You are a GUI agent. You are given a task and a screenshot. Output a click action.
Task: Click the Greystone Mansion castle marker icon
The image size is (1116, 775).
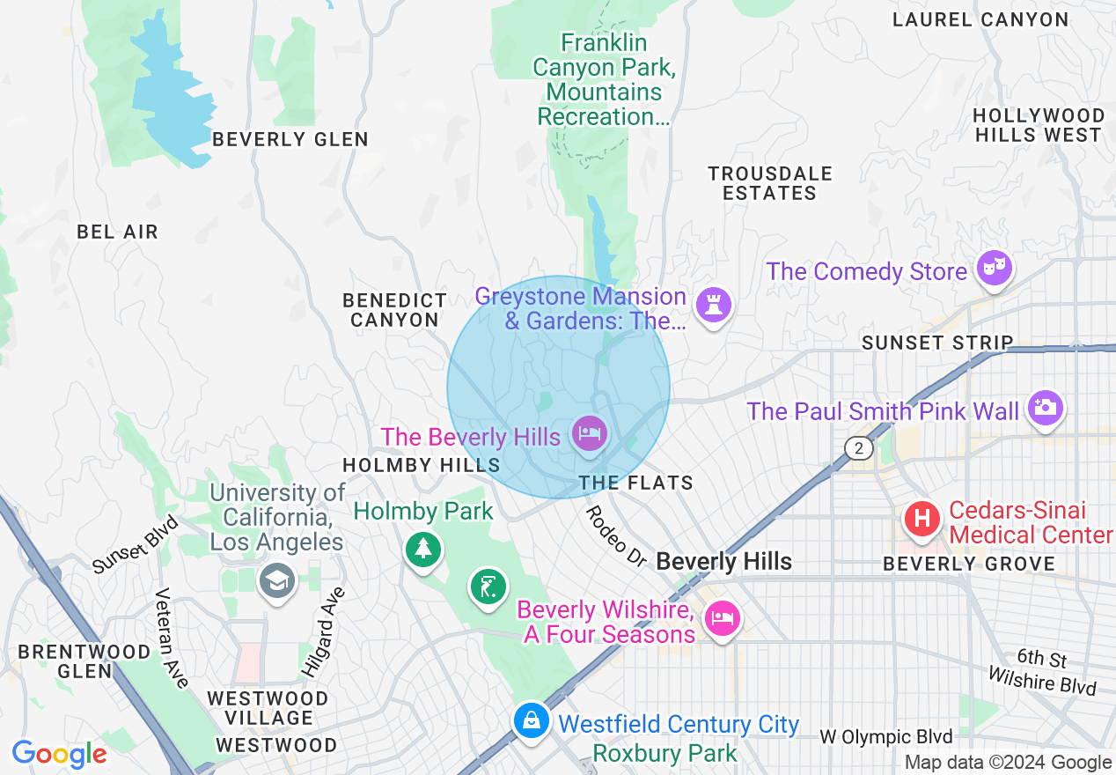point(713,306)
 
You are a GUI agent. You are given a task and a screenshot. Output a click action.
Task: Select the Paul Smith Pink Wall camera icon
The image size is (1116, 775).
point(1045,407)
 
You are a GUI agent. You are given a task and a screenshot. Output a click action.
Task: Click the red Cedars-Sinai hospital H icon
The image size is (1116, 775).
point(922,517)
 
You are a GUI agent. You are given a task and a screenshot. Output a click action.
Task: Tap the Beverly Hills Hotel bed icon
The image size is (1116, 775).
point(589,433)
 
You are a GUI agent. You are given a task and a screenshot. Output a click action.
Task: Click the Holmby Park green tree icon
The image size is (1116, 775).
point(423,549)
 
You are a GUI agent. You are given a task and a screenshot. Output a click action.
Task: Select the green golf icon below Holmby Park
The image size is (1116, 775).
point(488,586)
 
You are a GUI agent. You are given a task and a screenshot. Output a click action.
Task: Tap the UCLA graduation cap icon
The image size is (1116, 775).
point(277,581)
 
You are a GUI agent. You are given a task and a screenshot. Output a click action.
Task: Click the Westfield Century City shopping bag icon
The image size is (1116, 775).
point(532,720)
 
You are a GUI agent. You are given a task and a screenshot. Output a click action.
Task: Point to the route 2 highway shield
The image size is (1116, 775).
point(858,448)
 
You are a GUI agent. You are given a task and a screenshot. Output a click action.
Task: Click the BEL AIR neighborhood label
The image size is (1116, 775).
point(117,232)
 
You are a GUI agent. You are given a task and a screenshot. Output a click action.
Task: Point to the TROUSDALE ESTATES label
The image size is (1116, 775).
point(770,183)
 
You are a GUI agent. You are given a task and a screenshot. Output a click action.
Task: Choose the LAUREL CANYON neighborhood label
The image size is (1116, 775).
point(980,19)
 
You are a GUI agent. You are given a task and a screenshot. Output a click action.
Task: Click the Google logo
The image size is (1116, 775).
point(59,754)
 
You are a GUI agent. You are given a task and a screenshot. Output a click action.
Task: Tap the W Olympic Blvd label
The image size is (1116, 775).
point(885,736)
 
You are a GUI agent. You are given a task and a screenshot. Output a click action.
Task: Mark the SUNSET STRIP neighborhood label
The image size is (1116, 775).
point(937,343)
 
